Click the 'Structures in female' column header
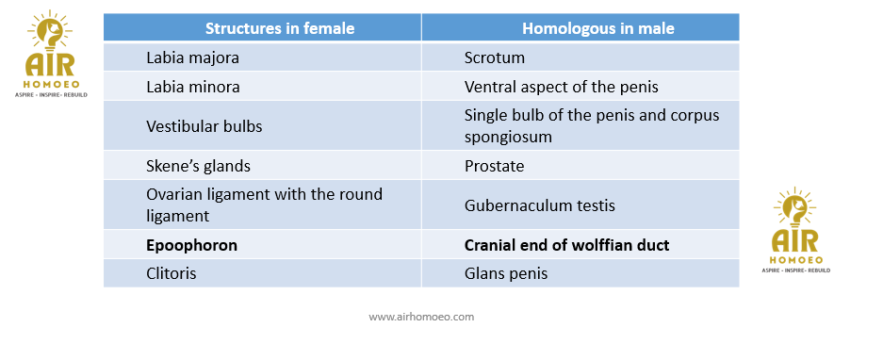[280, 28]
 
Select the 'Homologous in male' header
[598, 28]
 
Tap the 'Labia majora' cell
[192, 57]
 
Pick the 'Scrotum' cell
[495, 57]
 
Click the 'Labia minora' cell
[193, 87]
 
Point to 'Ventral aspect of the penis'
[562, 87]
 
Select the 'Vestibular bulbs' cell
[204, 125]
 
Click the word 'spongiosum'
[509, 137]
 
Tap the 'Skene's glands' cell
[198, 166]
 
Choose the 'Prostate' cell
[495, 166]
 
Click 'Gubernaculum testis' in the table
[539, 205]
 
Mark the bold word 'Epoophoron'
[192, 246]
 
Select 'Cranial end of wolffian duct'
[567, 246]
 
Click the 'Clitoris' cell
[172, 274]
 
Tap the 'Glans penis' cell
[506, 274]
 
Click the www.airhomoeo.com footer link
[421, 317]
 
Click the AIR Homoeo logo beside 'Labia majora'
[51, 54]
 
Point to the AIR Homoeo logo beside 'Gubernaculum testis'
[795, 230]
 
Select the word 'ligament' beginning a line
[177, 216]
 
